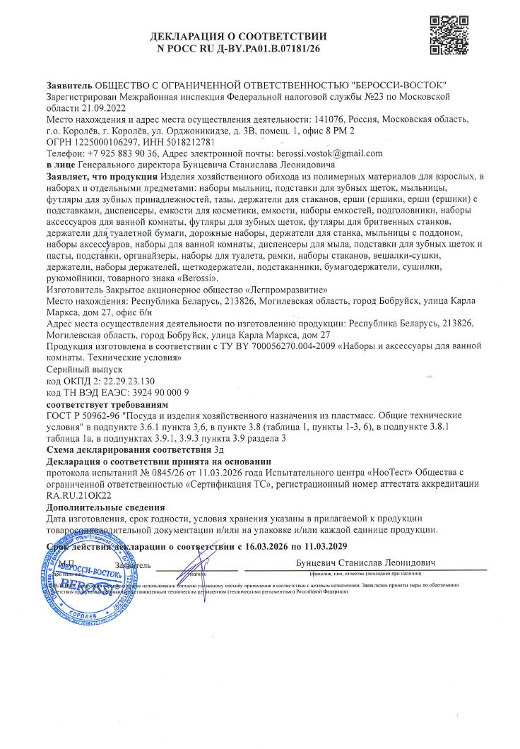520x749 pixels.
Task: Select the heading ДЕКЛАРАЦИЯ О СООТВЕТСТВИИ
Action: point(238,36)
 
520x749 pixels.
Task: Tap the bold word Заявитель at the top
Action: point(69,85)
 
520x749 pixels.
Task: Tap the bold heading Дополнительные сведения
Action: point(105,507)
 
